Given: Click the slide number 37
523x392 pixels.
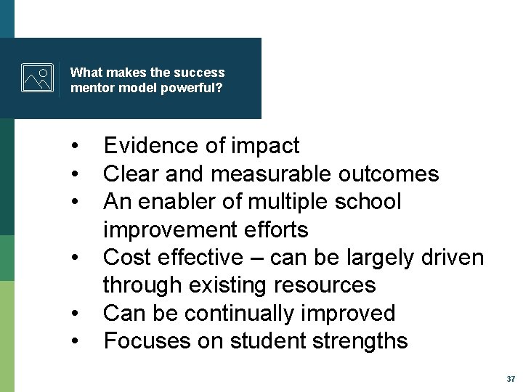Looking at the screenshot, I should coord(510,379).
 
